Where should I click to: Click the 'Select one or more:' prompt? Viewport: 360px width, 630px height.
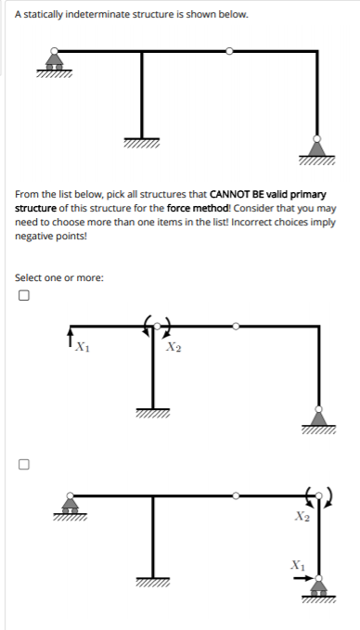59,277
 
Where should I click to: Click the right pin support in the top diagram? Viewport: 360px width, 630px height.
317,148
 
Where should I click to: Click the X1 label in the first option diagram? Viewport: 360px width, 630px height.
82,348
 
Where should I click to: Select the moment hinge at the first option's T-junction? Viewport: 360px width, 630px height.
153,327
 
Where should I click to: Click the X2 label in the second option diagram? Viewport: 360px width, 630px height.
301,517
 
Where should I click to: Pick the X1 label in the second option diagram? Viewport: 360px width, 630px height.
296,563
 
